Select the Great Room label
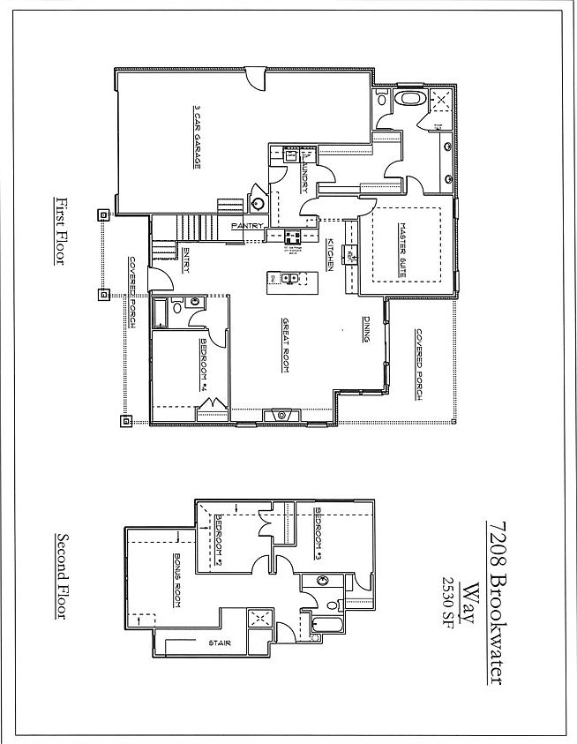coord(286,344)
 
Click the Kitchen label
coord(329,253)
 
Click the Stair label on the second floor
coord(220,643)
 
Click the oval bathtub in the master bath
coord(408,97)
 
